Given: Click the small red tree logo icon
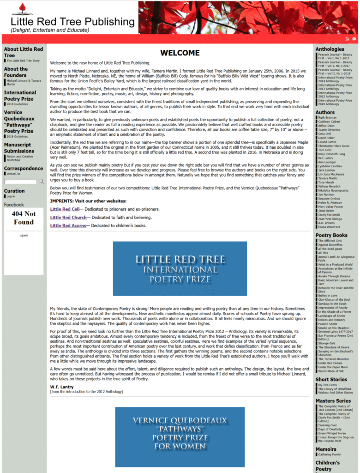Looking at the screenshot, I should coord(22,9).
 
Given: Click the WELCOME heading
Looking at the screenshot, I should coord(180,53).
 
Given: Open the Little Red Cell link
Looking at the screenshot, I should coord(65,209).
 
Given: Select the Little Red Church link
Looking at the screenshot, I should coord(68,218).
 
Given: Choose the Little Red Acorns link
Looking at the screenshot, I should coord(68,225).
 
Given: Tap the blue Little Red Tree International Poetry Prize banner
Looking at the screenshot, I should coord(180,268).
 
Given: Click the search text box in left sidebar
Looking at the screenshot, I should coord(20,182).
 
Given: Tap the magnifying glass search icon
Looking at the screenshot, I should coord(41,182).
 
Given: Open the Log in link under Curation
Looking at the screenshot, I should coord(11,196).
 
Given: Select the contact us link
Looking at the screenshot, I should coord(13,174).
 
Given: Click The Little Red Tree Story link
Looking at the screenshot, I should coord(23,61).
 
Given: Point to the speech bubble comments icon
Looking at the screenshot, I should coord(354,39).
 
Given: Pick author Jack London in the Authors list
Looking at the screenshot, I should coord(326,170).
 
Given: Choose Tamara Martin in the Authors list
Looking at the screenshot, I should coord(327,178).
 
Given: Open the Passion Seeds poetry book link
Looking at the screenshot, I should coord(327,324).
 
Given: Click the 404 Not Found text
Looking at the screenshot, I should coord(24,218).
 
